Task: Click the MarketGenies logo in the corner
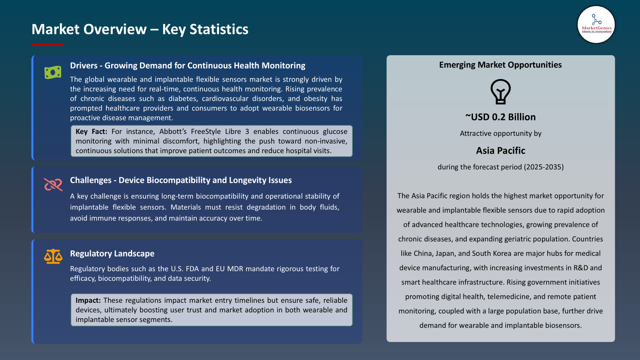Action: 596,25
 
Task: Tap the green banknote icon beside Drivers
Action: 53,72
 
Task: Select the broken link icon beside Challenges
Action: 53,184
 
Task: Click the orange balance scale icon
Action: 53,256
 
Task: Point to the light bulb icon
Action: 500,92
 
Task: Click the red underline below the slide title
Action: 48,45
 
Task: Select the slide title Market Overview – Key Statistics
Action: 140,29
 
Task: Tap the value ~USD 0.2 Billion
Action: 500,117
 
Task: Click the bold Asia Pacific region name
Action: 500,150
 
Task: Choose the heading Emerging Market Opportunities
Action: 500,65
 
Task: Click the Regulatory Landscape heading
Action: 112,254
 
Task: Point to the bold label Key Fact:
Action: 91,132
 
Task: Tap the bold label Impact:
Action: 88,300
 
